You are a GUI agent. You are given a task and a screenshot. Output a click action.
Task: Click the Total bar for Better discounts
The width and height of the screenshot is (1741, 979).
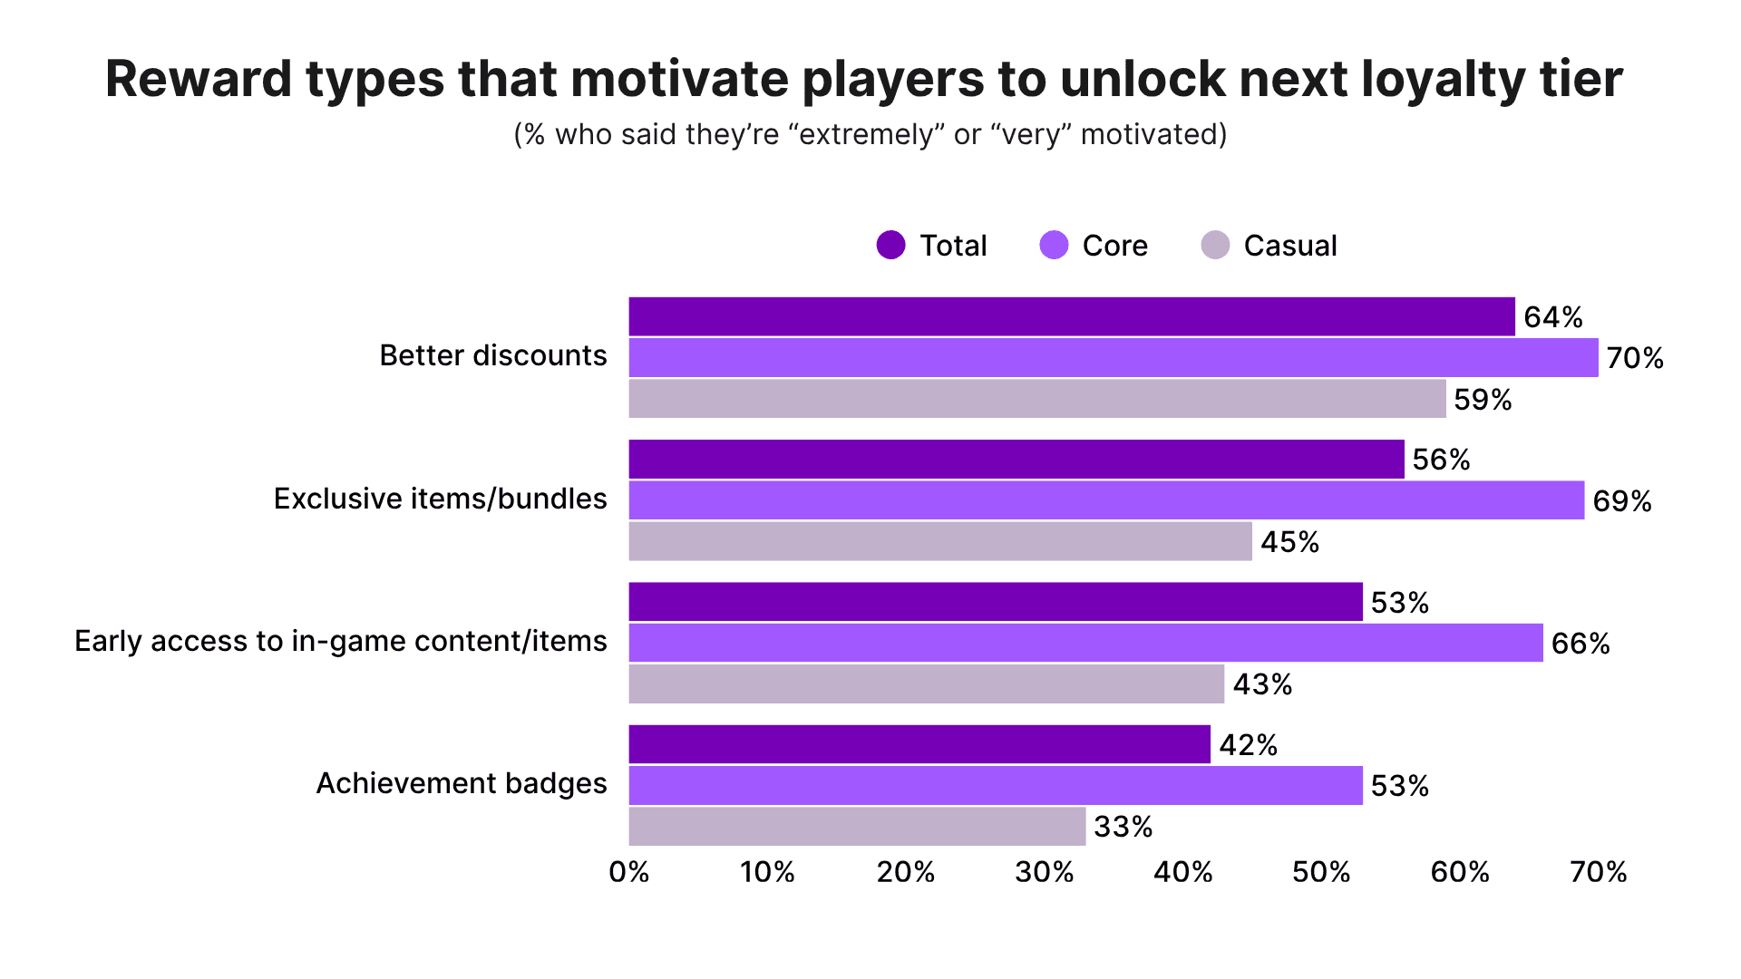tap(1071, 316)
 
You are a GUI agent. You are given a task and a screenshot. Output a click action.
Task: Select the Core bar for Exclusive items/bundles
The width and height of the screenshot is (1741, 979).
tap(1105, 500)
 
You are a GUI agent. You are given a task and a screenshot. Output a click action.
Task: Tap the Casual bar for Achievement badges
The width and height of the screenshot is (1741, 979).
tap(857, 827)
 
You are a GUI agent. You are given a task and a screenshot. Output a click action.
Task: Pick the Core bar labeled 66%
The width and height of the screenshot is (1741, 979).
tap(1084, 643)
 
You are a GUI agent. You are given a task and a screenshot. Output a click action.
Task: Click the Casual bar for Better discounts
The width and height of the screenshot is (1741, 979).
tap(1036, 399)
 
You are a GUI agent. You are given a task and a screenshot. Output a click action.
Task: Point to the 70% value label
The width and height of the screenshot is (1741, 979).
tap(1634, 358)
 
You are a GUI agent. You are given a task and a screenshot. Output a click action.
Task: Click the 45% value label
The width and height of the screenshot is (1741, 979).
tap(1289, 542)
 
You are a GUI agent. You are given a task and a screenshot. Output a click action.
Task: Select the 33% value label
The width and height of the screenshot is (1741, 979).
tap(1123, 827)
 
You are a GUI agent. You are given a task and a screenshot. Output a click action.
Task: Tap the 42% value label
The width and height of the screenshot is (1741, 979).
tap(1248, 745)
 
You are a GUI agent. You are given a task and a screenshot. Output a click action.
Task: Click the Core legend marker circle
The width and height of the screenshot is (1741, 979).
tap(1054, 245)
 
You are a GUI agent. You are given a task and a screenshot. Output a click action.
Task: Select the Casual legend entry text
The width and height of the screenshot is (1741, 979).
tap(1289, 246)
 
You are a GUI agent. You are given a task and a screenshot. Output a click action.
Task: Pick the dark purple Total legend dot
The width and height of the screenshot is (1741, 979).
tap(891, 245)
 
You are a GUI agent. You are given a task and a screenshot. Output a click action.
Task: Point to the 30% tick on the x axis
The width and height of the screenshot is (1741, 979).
tap(1044, 872)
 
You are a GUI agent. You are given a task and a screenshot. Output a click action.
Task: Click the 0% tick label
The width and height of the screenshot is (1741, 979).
tap(628, 872)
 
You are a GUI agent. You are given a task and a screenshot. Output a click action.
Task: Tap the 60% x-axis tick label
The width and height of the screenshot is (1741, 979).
tap(1459, 872)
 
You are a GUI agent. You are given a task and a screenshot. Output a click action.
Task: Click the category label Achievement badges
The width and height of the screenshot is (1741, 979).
tap(461, 783)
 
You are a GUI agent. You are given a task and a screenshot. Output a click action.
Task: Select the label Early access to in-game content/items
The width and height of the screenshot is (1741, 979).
tap(340, 641)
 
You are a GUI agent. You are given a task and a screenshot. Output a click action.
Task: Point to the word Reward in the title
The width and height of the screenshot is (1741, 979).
tap(199, 80)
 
